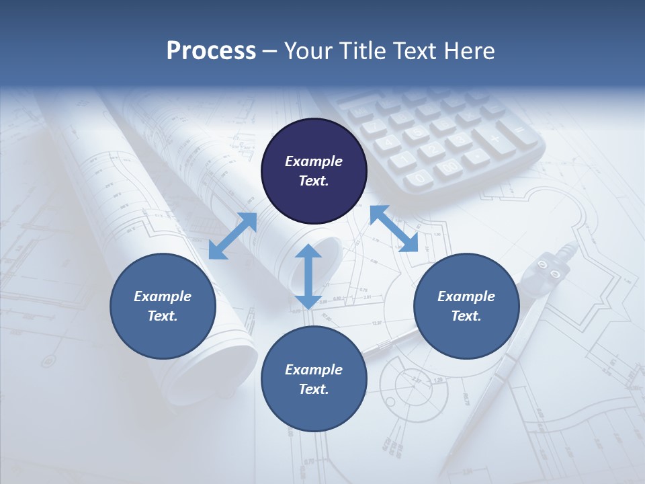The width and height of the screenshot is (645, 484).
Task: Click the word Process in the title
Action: pyautogui.click(x=211, y=51)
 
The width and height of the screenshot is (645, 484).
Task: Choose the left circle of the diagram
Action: pyautogui.click(x=163, y=306)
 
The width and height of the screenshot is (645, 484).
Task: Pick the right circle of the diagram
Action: pyautogui.click(x=466, y=306)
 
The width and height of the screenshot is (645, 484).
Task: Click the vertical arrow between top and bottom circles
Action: pyautogui.click(x=308, y=277)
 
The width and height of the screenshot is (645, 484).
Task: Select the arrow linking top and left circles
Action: pyautogui.click(x=232, y=236)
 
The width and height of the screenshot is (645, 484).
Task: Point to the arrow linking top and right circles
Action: pyautogui.click(x=394, y=229)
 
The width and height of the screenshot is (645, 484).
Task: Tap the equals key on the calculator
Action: pyautogui.click(x=519, y=130)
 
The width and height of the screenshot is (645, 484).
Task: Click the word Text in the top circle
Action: pyautogui.click(x=313, y=181)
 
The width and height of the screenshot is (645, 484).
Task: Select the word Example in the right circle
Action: pyautogui.click(x=466, y=296)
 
